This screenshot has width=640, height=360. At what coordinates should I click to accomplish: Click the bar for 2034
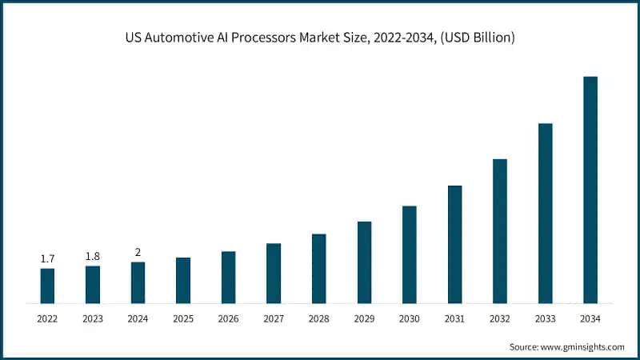(x=590, y=190)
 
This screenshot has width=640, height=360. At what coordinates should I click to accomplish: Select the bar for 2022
(x=47, y=286)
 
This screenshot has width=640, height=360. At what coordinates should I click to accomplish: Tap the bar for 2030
(x=410, y=254)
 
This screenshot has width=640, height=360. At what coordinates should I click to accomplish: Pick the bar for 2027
(x=274, y=274)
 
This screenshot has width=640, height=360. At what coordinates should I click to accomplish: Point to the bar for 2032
(x=500, y=231)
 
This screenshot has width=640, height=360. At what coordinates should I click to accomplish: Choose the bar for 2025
(x=183, y=280)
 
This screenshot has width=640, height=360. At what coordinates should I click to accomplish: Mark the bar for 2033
(x=546, y=214)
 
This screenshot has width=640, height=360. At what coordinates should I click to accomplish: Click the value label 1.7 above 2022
(x=47, y=258)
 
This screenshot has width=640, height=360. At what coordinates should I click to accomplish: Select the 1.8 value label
(x=93, y=256)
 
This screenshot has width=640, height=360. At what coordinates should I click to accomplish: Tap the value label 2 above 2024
(x=138, y=252)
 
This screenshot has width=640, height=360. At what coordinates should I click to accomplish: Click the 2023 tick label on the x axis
(x=93, y=318)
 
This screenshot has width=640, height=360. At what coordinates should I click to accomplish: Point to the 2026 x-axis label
(x=228, y=318)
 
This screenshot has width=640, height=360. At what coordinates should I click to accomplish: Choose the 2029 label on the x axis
(x=364, y=318)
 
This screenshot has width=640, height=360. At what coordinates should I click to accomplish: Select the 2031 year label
(x=454, y=318)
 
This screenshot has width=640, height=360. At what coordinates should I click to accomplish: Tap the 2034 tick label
(x=590, y=318)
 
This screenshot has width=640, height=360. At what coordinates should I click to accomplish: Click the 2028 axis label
(x=318, y=318)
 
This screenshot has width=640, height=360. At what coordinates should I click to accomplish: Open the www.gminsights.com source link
(x=582, y=347)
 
